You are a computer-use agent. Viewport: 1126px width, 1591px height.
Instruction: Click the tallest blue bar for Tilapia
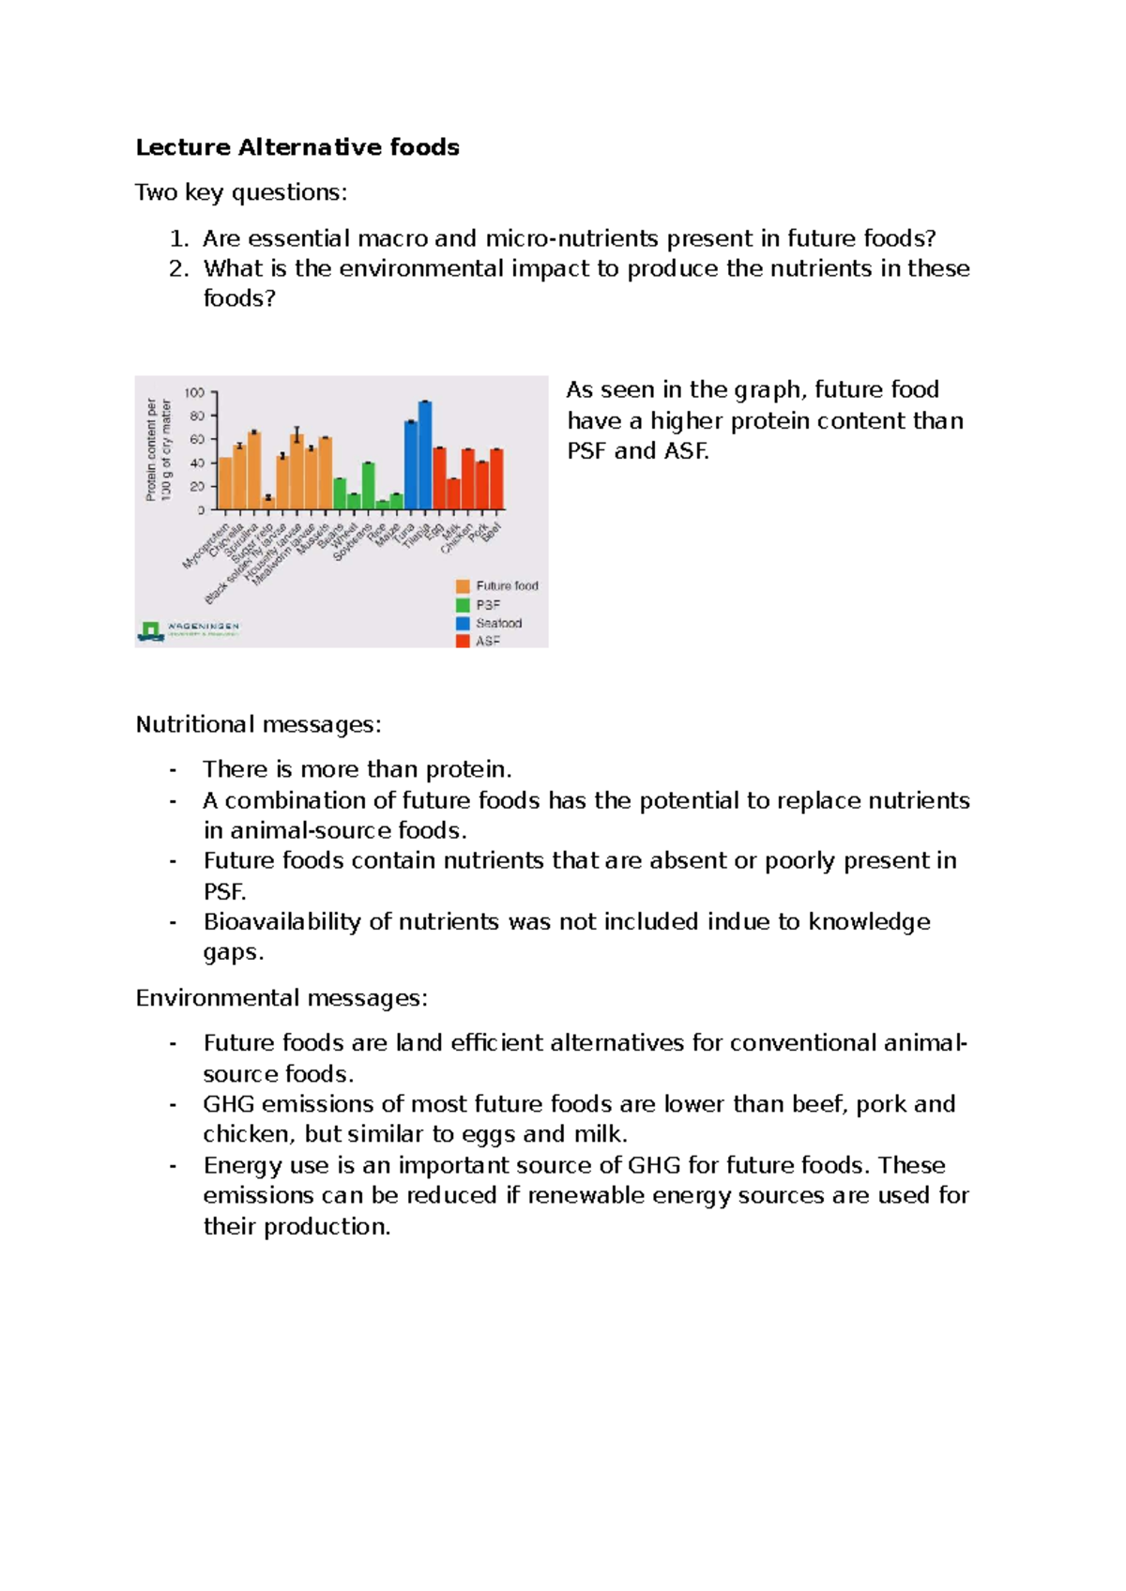(425, 456)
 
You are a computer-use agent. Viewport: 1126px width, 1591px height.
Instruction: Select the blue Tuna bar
(411, 466)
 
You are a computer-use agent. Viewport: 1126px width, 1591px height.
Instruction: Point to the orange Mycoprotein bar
(225, 484)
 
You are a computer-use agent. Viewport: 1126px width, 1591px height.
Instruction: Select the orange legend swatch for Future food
(463, 586)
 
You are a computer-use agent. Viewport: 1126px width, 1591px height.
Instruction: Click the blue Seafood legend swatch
(463, 623)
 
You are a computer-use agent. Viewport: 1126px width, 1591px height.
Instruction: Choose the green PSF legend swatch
(463, 605)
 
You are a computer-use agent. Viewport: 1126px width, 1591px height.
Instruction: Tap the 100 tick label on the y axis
(194, 393)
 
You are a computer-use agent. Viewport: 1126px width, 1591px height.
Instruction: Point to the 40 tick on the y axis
(197, 463)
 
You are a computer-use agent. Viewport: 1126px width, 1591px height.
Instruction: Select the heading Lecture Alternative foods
(297, 147)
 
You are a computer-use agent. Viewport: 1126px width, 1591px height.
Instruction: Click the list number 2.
(178, 269)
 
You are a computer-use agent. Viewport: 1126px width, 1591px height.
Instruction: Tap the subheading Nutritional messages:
(258, 724)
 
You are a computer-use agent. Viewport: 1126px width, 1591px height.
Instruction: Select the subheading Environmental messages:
(281, 998)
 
